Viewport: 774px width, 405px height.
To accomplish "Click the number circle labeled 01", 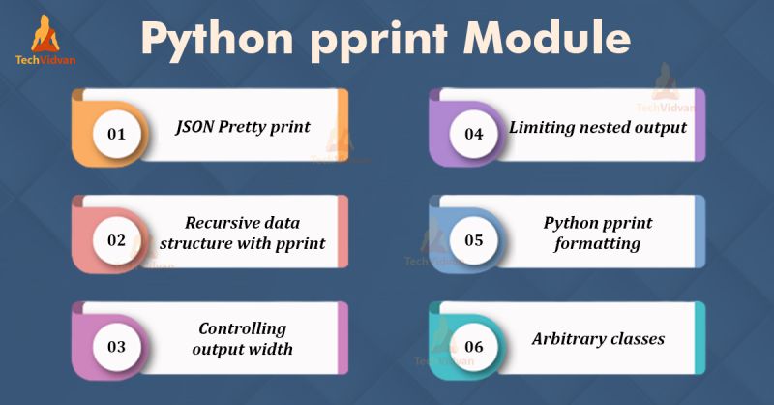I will click(115, 133).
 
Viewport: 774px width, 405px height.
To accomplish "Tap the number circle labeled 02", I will click(115, 239).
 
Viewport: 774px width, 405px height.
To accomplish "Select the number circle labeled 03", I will click(115, 345).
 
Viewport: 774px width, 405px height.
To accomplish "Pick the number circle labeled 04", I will click(473, 133).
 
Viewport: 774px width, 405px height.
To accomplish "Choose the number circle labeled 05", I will click(473, 239).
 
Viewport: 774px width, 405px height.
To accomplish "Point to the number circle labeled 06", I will click(473, 345).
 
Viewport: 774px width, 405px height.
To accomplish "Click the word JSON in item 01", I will click(198, 127).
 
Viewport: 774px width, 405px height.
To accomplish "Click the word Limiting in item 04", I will click(545, 127).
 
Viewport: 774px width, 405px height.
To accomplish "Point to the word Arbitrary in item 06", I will click(569, 339).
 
